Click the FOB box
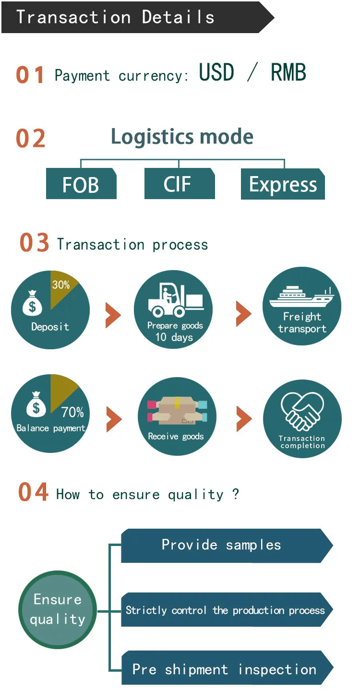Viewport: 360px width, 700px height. pos(81,184)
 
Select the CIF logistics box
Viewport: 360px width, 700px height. pos(179,184)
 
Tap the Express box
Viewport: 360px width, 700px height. pos(283,184)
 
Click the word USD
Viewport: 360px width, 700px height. pos(216,73)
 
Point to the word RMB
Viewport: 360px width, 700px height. pos(288,73)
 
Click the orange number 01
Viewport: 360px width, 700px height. pos(30,75)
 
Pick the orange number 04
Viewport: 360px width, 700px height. pos(33,493)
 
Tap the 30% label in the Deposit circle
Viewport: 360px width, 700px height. pos(61,285)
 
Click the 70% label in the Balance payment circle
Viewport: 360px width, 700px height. pos(72,412)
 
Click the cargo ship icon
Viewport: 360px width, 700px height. pos(302,298)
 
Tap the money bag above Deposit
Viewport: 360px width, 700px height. pos(33,303)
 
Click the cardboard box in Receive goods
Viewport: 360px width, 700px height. pos(177,411)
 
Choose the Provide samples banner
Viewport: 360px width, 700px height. pos(226,546)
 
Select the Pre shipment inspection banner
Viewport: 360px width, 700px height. pos(226,668)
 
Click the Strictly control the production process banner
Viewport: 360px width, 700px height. pos(226,610)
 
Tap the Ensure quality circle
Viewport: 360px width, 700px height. pos(58,609)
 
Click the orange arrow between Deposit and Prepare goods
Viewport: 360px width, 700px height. pos(113,315)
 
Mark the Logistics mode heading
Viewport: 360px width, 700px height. pos(182,137)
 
